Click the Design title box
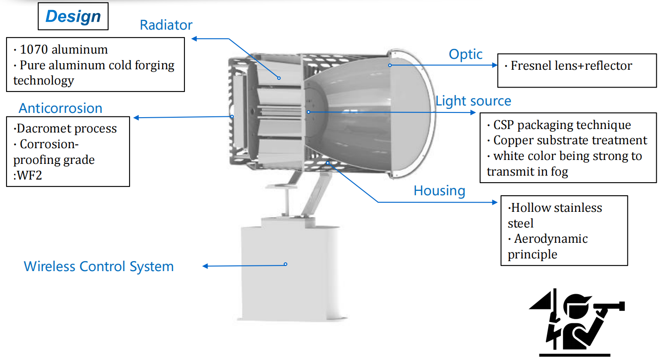coord(73,16)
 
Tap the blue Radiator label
coord(166,25)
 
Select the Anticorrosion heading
coord(60,108)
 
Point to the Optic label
coord(466,54)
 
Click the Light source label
coord(473,101)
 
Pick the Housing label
coord(440,190)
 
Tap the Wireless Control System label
coord(99,266)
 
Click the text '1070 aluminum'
coord(64,50)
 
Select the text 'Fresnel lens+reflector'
coord(571,65)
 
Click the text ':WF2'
coord(27,175)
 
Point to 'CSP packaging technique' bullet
coord(562,125)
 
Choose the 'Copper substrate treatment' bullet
coord(570,140)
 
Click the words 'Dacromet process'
coord(66,129)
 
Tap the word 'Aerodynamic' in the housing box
coord(551,238)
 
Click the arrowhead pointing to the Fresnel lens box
coord(494,65)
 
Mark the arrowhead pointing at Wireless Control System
coord(205,266)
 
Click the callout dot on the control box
coord(285,264)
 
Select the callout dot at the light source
coord(309,112)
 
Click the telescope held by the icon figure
coord(609,306)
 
